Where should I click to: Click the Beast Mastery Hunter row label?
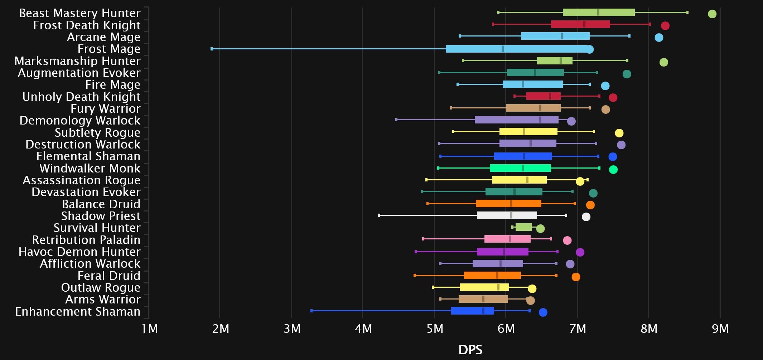click(79, 13)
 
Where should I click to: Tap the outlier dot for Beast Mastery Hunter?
click(712, 14)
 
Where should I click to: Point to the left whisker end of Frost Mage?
click(212, 49)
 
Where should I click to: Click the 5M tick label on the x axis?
click(435, 329)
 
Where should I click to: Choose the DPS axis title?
click(470, 350)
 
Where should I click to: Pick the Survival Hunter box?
click(523, 227)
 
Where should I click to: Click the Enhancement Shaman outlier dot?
click(543, 312)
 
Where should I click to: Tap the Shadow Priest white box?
click(507, 215)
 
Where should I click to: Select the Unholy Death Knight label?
click(81, 97)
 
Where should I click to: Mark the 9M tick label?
click(720, 329)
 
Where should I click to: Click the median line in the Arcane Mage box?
click(561, 36)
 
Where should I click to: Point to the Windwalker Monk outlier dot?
click(613, 170)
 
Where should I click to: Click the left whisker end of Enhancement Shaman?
click(312, 311)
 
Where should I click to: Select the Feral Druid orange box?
click(492, 275)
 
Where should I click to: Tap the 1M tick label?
click(150, 329)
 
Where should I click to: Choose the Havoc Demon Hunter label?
click(79, 252)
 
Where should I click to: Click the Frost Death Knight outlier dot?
click(665, 26)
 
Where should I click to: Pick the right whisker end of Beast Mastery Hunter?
click(687, 12)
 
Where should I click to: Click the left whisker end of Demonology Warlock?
click(396, 120)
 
